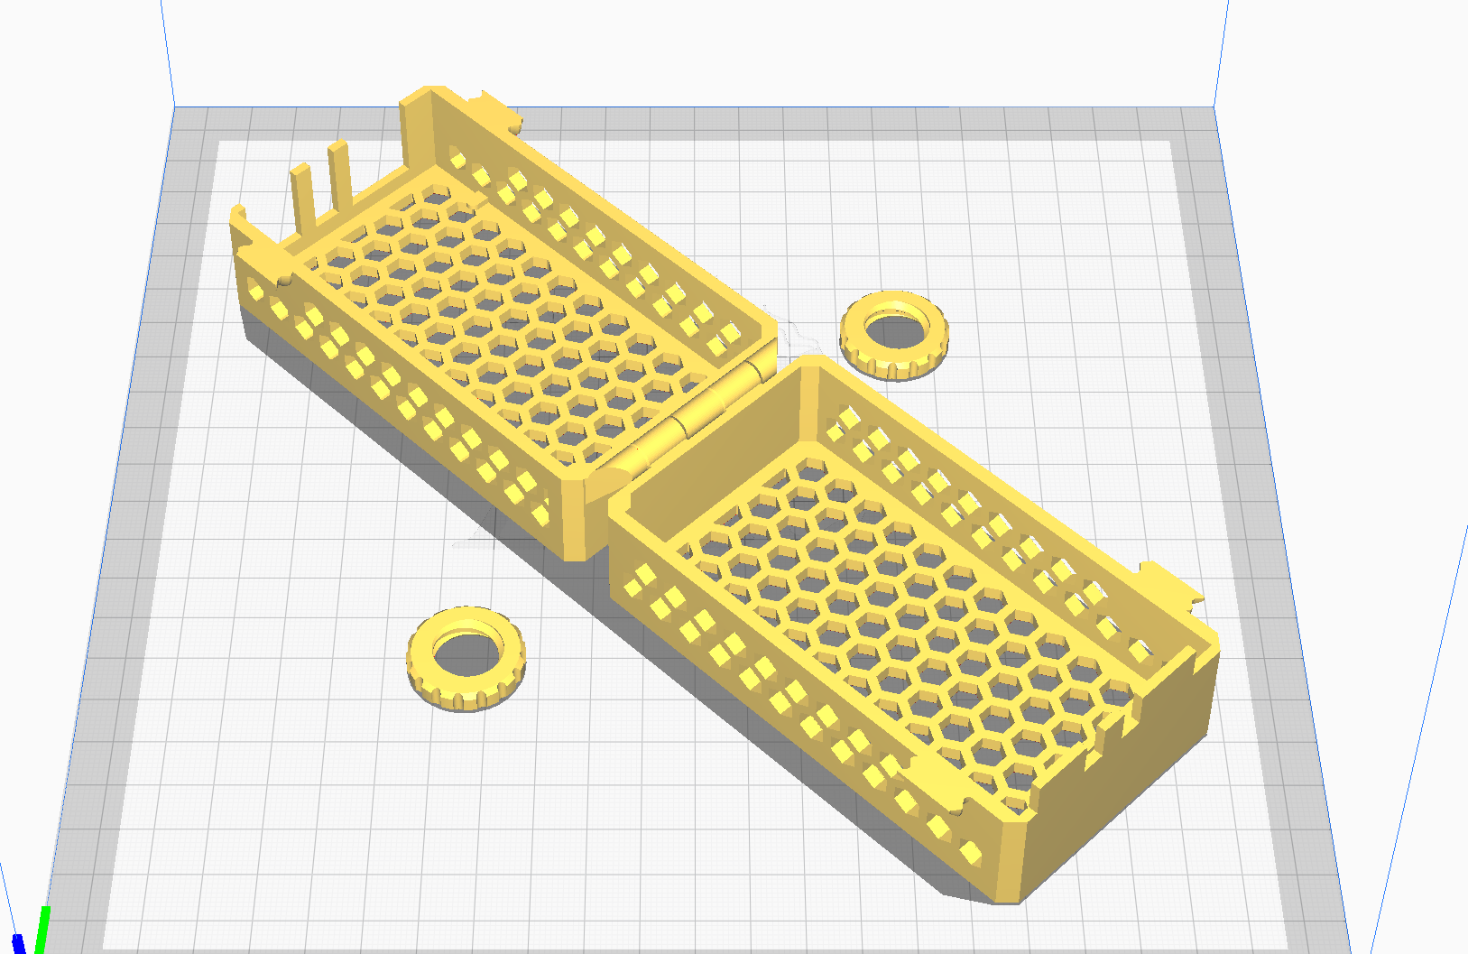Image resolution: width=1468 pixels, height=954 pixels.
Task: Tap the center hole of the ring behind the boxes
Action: pyautogui.click(x=893, y=322)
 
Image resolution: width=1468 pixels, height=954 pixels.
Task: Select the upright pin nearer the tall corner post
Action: pyautogui.click(x=340, y=171)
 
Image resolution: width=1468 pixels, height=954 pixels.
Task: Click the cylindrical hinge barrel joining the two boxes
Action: pyautogui.click(x=695, y=415)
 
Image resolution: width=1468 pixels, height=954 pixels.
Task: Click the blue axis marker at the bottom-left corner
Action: pyautogui.click(x=18, y=943)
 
